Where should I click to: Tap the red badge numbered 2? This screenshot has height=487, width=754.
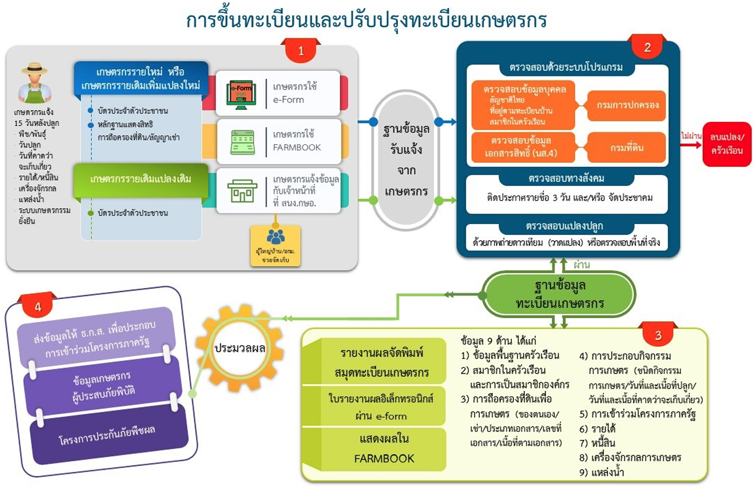pos(648,48)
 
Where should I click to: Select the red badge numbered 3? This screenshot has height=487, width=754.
pos(658,335)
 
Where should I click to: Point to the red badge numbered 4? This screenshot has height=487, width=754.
pos(37,308)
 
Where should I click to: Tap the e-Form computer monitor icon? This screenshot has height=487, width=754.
pos(240,93)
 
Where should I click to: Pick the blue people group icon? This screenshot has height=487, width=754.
pos(275,237)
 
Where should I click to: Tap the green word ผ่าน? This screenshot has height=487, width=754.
pos(582,265)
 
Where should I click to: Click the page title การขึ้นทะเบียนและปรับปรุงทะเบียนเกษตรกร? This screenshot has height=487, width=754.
pos(367,20)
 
